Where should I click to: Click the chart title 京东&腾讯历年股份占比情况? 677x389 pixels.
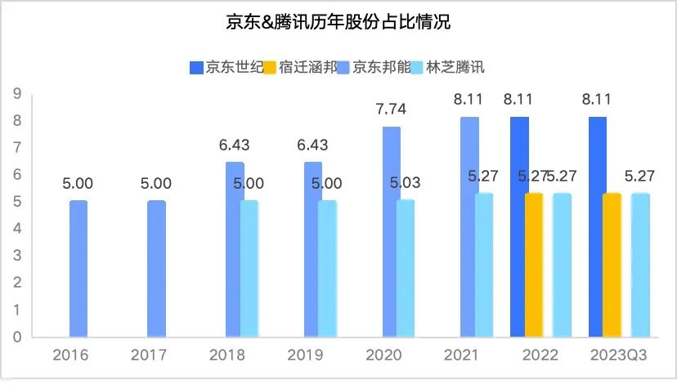coord(338,22)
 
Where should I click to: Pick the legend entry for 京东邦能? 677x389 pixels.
coord(379,67)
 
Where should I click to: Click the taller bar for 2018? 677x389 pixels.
coord(234,249)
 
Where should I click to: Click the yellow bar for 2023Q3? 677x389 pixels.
coord(612,265)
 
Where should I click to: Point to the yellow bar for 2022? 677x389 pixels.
coord(533,265)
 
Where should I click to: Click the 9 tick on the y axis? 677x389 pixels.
coord(16,94)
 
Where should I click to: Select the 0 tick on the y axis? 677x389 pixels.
coord(16,337)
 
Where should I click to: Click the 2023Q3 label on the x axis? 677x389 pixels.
coord(619,356)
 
